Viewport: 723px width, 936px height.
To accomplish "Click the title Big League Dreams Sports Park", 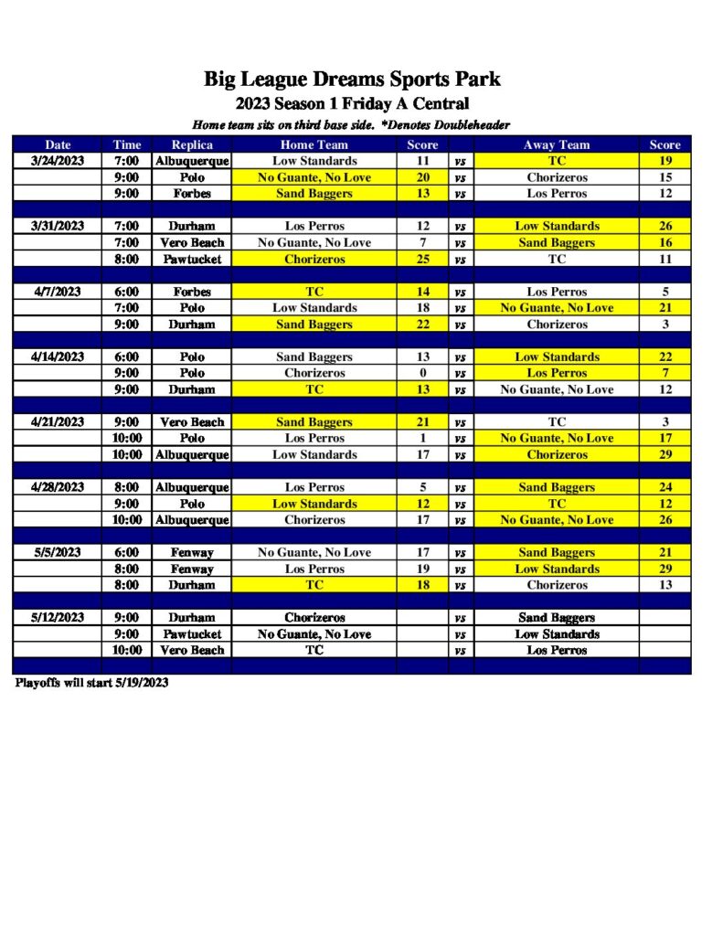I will [352, 80].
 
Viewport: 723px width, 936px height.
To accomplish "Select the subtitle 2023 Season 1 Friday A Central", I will [352, 103].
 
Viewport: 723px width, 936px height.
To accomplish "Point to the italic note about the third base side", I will [352, 124].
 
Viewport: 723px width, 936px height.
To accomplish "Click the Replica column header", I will [192, 144].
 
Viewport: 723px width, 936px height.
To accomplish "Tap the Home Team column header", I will [314, 144].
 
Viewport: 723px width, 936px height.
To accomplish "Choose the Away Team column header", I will [557, 144].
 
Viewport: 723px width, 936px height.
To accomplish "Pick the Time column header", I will [127, 144].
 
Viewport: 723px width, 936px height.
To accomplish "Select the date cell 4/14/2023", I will [57, 356].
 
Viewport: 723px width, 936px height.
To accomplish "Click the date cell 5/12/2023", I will [57, 618].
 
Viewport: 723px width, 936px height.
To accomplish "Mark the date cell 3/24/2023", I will [57, 161].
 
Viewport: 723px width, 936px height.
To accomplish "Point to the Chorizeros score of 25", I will [423, 259].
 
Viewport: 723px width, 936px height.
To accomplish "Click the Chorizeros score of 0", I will [423, 373].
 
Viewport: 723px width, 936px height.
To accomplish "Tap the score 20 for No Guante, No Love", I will [423, 177].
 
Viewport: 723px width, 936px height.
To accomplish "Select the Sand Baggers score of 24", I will [665, 487].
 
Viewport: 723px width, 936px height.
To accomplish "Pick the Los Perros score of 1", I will [423, 439].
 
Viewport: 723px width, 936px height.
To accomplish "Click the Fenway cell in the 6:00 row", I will [192, 552].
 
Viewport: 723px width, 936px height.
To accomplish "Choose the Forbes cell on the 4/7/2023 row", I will [192, 292].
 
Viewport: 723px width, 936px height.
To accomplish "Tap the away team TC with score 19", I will [557, 161].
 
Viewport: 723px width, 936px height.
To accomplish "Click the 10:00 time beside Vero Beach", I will [127, 650].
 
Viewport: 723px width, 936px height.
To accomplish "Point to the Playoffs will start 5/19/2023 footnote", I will [91, 683].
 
